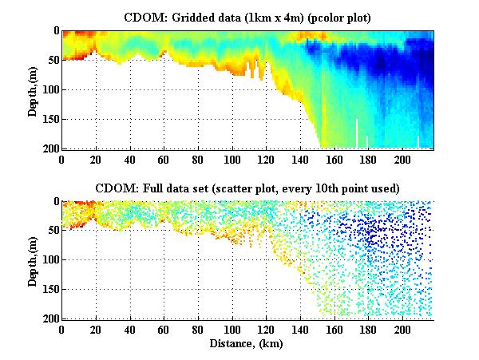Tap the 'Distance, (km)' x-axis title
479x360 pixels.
(x=247, y=344)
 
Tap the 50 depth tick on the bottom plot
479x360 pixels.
(x=51, y=231)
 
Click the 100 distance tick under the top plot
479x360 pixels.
(x=232, y=159)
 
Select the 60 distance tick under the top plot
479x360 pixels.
(x=164, y=159)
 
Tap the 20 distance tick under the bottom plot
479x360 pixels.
(x=96, y=330)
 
